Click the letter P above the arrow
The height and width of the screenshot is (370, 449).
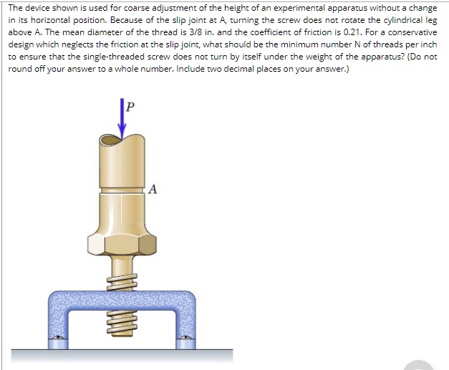130,107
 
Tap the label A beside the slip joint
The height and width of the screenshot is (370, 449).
153,190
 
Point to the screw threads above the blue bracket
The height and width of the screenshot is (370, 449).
122,276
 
